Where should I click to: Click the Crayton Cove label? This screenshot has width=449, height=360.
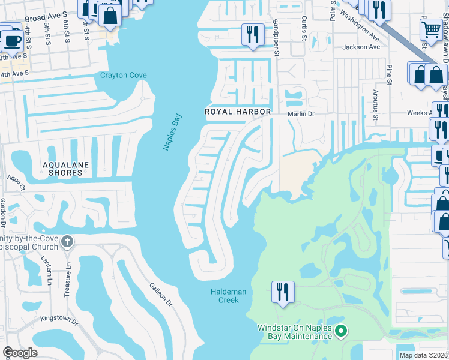[123, 76]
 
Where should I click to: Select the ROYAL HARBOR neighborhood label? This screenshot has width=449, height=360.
[238, 112]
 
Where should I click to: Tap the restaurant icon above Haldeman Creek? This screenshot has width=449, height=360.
[282, 292]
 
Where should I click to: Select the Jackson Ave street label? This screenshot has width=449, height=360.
[361, 47]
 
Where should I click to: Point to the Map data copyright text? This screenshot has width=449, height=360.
[423, 355]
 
